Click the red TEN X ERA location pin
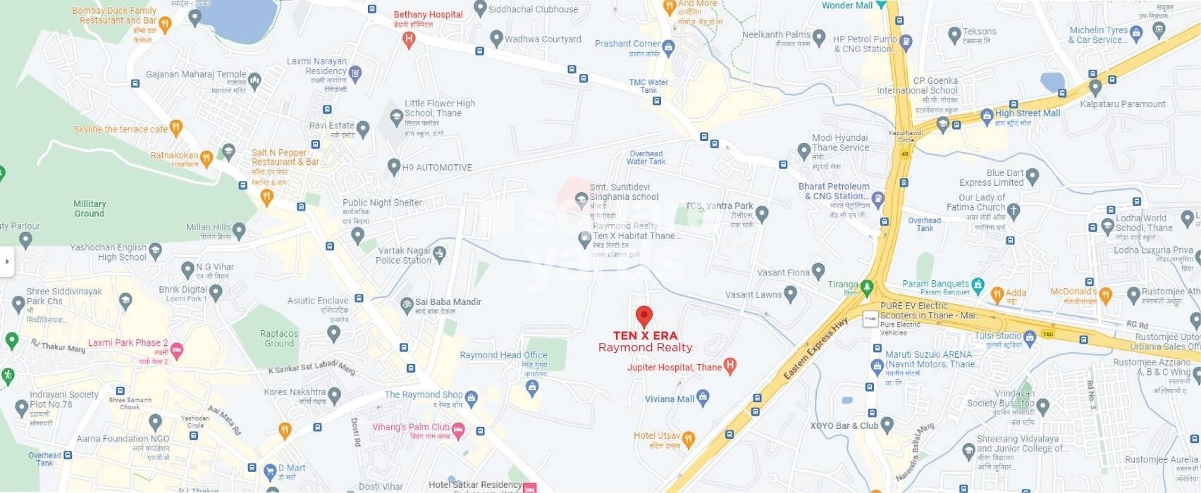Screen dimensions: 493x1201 pyautogui.click(x=643, y=317)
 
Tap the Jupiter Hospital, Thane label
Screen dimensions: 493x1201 pyautogui.click(x=675, y=367)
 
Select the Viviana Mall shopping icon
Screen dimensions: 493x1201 pyautogui.click(x=703, y=399)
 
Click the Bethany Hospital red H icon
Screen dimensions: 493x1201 pyautogui.click(x=409, y=40)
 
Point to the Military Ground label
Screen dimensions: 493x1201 pyautogui.click(x=90, y=208)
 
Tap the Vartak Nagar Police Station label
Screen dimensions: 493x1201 pyautogui.click(x=404, y=255)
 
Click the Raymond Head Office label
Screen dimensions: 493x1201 pyautogui.click(x=503, y=355)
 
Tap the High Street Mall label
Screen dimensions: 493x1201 pyautogui.click(x=1027, y=113)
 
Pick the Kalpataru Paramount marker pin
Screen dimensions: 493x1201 pyautogui.click(x=1095, y=88)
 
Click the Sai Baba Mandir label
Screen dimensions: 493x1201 pyautogui.click(x=448, y=301)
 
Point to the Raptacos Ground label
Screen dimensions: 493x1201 pyautogui.click(x=279, y=338)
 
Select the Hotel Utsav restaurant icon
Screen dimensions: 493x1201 pyautogui.click(x=689, y=439)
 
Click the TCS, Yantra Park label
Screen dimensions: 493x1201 pyautogui.click(x=719, y=206)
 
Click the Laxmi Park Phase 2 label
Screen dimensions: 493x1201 pyautogui.click(x=128, y=343)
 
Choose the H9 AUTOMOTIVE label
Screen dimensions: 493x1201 pyautogui.click(x=436, y=168)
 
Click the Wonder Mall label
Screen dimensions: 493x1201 pyautogui.click(x=846, y=6)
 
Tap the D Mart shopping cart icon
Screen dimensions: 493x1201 pyautogui.click(x=269, y=471)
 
